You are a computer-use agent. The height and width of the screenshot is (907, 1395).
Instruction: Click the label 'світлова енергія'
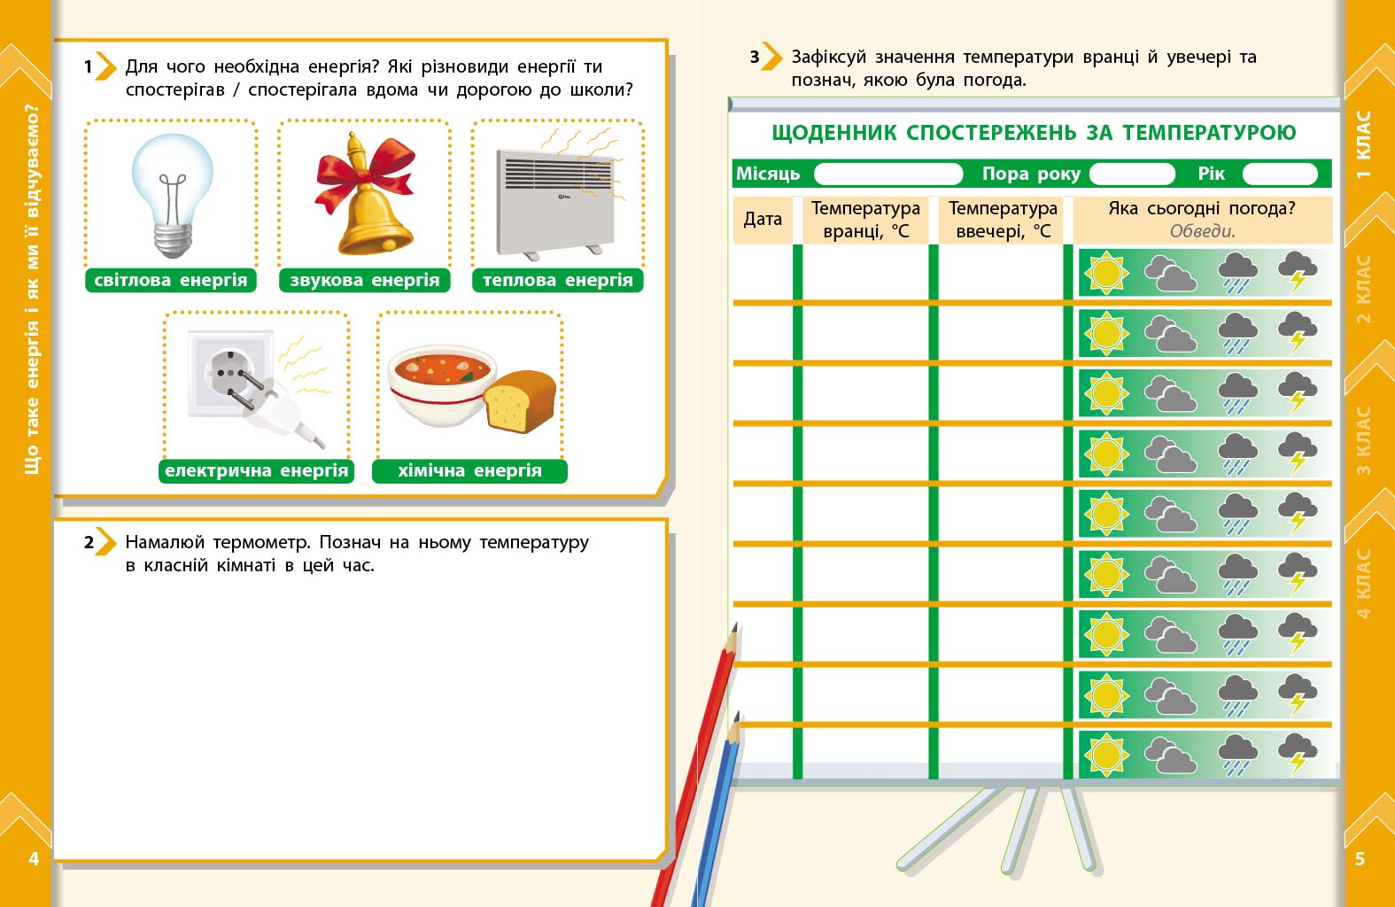(x=171, y=281)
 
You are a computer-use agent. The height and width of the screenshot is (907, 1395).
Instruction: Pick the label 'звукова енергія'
(x=364, y=281)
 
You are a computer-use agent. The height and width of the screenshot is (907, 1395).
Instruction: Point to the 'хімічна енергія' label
(x=469, y=471)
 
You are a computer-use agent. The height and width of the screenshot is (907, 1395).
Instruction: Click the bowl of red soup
(x=440, y=386)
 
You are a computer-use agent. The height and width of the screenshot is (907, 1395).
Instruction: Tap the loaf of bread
(x=520, y=401)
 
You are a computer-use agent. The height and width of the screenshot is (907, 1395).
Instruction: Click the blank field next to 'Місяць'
(x=887, y=174)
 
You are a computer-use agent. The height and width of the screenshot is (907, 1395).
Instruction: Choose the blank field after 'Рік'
(x=1279, y=174)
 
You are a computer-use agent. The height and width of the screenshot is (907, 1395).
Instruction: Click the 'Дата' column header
(x=763, y=220)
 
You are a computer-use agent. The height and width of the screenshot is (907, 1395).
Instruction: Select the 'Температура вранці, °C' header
(x=865, y=220)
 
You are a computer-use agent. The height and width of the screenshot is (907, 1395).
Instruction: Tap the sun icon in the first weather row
(x=1105, y=273)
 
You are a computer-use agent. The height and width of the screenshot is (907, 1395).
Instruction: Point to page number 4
(x=34, y=858)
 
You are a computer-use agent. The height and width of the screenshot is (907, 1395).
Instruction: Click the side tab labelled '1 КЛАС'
(x=1364, y=143)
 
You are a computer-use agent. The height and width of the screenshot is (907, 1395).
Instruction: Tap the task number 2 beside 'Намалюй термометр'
(x=89, y=542)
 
